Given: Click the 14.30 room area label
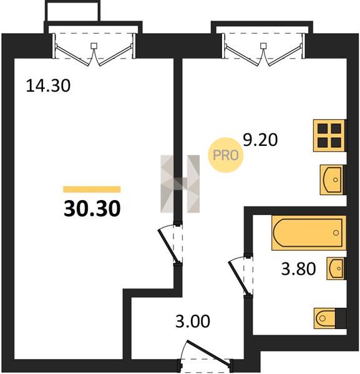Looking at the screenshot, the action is click(x=48, y=85).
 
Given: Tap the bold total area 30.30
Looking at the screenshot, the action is click(x=92, y=208).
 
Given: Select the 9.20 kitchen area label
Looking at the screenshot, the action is click(x=260, y=140).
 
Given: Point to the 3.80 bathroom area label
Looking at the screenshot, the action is click(x=298, y=269).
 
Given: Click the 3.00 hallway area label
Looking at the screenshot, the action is click(x=193, y=321).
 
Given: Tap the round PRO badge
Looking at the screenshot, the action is click(x=226, y=155).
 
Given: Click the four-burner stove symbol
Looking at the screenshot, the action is click(x=329, y=135).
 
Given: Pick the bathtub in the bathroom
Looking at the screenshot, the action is click(x=309, y=233).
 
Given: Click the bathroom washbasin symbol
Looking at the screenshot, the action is click(x=336, y=269).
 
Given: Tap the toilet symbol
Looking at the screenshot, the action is click(x=324, y=318).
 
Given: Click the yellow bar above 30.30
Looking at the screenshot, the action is click(x=92, y=189).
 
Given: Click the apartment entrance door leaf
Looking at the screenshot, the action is click(x=209, y=352).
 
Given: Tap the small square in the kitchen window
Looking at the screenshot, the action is click(x=263, y=46).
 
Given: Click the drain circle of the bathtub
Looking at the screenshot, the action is click(x=336, y=233).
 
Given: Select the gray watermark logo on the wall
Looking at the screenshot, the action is click(x=180, y=184).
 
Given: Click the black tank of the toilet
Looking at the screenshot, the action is click(x=341, y=318).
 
